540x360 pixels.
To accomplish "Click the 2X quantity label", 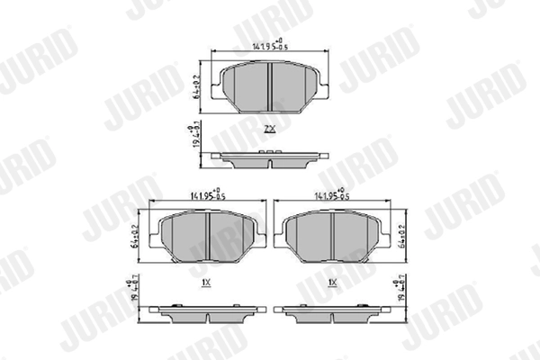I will point(269,130).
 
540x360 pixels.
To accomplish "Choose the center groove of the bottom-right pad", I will point(332,237).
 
